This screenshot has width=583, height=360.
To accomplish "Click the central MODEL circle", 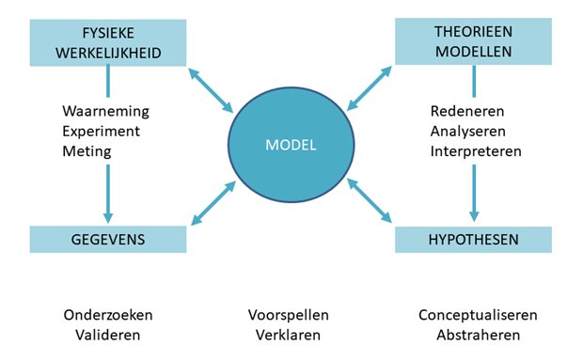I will (x=291, y=145).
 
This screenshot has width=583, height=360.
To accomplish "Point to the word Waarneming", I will (x=105, y=111).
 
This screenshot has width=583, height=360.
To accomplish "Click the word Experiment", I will (x=104, y=131).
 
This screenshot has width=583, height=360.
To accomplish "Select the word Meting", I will (x=87, y=150).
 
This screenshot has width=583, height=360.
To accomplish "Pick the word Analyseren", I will (x=462, y=131).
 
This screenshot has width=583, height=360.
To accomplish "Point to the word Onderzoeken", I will (x=107, y=314).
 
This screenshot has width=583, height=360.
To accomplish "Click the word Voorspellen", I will (x=288, y=314).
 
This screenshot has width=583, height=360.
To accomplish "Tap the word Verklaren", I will (x=288, y=334).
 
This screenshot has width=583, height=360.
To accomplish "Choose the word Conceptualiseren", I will (x=471, y=314).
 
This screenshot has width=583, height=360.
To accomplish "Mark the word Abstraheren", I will (x=471, y=334).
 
